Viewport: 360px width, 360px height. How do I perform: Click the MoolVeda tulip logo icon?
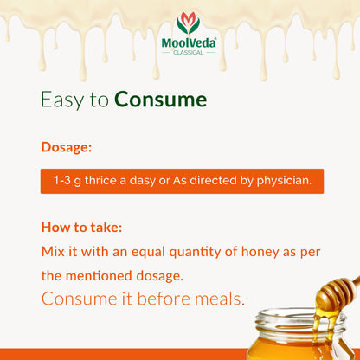(x=187, y=22)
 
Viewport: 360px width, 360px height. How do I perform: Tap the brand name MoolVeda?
(x=187, y=41)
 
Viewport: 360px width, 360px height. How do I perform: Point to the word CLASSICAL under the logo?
(x=187, y=52)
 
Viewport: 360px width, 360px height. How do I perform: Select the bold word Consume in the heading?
(x=161, y=100)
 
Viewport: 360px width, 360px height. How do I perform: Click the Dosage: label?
(x=67, y=147)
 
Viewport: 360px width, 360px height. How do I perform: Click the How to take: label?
(x=81, y=228)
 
